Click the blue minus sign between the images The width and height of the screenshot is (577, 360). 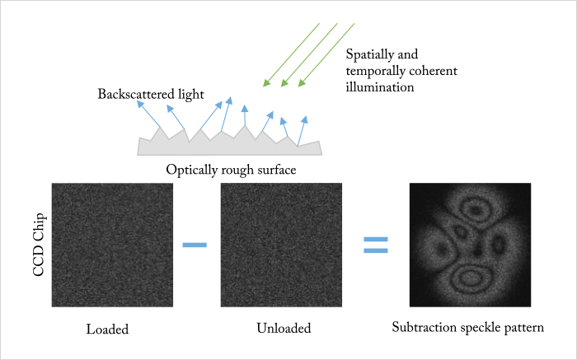pyautogui.click(x=195, y=245)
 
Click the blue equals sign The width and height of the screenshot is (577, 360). pyautogui.click(x=376, y=245)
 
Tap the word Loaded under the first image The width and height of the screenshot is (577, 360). pyautogui.click(x=107, y=329)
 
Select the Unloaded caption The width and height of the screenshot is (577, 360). pyautogui.click(x=284, y=328)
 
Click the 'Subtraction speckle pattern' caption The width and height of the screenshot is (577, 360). pyautogui.click(x=467, y=327)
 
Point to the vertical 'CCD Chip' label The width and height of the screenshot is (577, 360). pyautogui.click(x=39, y=245)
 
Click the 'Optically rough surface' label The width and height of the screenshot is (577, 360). pyautogui.click(x=231, y=170)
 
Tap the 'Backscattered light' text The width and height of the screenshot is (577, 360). pyautogui.click(x=151, y=94)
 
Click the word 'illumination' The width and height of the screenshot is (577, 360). pyautogui.click(x=380, y=87)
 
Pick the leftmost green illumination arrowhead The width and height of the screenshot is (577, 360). pyautogui.click(x=266, y=83)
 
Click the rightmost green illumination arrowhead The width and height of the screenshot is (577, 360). pyautogui.click(x=302, y=83)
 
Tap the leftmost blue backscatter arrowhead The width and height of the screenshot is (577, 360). pyautogui.click(x=140, y=104)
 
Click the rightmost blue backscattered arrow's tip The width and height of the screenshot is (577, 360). pyautogui.click(x=305, y=119)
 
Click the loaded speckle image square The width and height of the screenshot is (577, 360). pyautogui.click(x=112, y=245)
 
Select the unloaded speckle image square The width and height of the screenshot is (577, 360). pyautogui.click(x=281, y=245)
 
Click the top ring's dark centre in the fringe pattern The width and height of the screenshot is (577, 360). pyautogui.click(x=476, y=210)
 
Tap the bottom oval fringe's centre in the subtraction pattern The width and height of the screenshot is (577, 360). pyautogui.click(x=469, y=278)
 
